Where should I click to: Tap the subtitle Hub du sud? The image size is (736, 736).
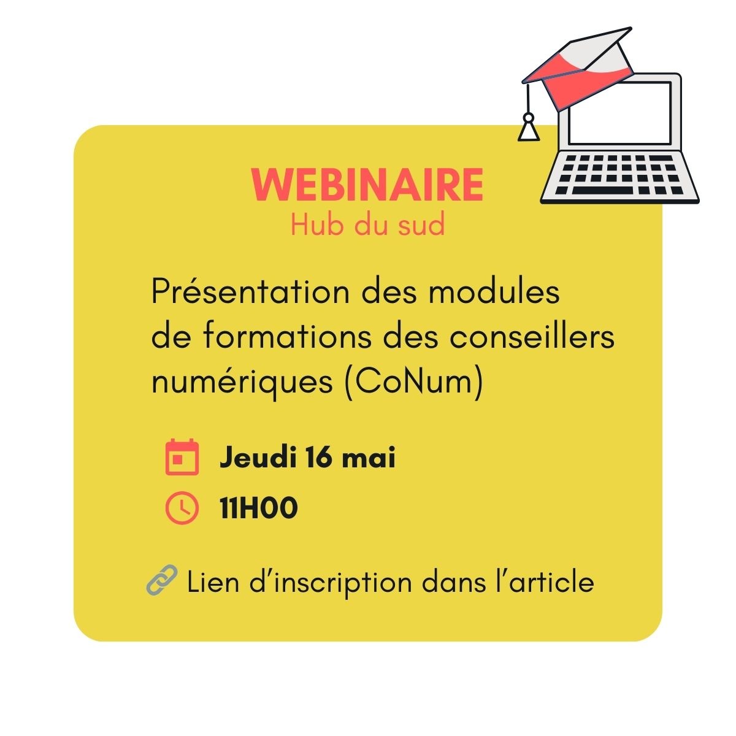(x=368, y=225)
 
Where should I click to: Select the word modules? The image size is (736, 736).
(x=494, y=292)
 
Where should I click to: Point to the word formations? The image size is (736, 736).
(x=287, y=337)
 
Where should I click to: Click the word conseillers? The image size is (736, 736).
(x=532, y=337)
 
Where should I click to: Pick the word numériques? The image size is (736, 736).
(x=242, y=383)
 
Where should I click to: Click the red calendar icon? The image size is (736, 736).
(x=182, y=457)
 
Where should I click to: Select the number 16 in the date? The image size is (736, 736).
(x=318, y=457)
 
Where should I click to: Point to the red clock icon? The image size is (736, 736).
(x=182, y=508)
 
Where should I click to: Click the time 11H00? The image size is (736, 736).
(x=259, y=508)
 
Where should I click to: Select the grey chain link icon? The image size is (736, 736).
(x=162, y=580)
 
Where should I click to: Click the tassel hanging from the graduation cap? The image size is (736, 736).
(x=529, y=128)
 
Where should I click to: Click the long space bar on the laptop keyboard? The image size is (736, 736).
(x=602, y=190)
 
